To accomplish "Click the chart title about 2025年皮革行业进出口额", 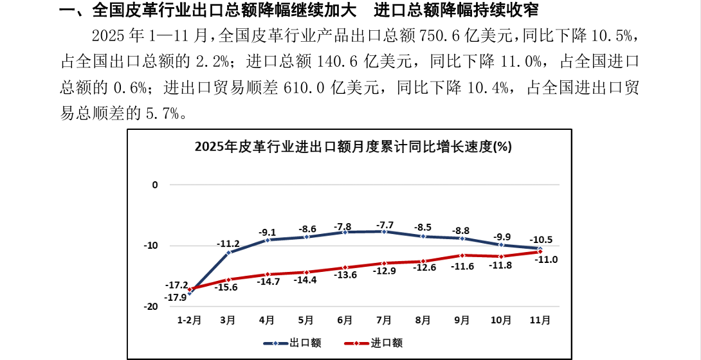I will pos(353,147).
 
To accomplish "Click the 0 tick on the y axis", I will pos(154,185).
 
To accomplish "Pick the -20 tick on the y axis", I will pos(152,307).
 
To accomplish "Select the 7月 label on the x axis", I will pos(384,319).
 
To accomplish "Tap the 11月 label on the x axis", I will pos(540,319).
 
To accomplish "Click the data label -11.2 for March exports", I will pos(229,244).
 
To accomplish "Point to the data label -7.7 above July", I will pos(385,225).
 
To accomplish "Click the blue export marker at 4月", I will pos(268,240).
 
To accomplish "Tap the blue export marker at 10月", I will pos(501,245).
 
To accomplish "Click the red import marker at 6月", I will pos(345,267).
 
